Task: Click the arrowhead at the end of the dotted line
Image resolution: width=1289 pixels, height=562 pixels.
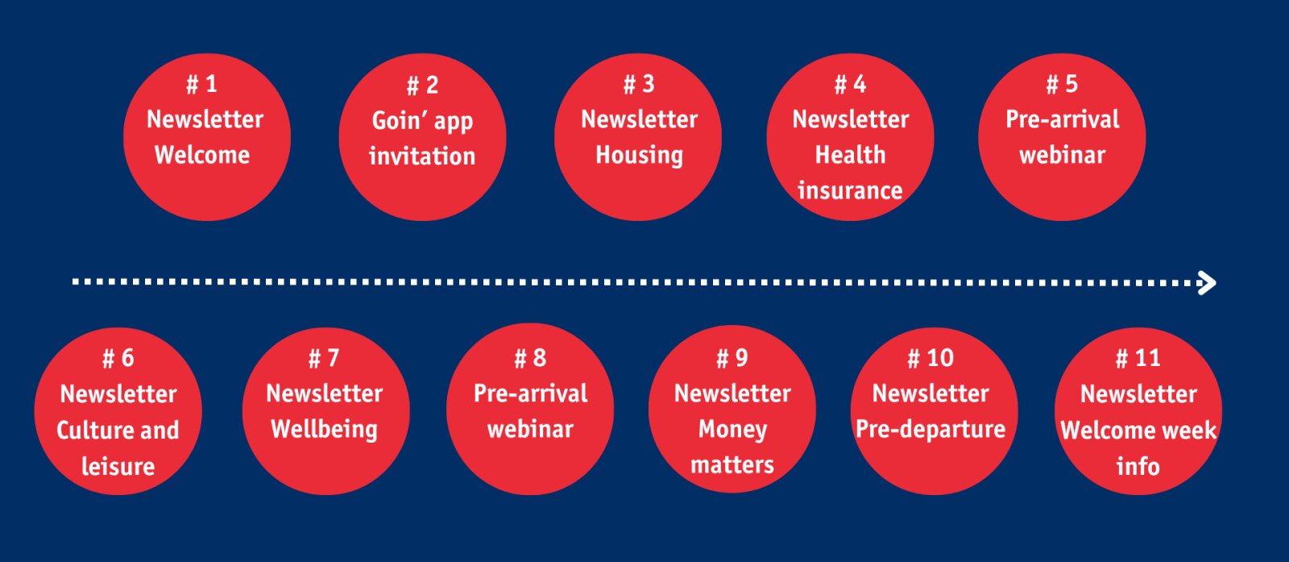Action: [1208, 283]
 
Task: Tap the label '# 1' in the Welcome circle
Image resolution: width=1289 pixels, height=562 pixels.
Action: [201, 84]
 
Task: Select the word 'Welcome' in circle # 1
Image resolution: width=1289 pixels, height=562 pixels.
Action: [202, 155]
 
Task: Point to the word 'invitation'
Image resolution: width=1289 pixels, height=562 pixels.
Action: [422, 156]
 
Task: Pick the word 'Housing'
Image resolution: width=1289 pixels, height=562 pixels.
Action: [640, 156]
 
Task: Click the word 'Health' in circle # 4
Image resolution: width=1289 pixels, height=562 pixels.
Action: [851, 155]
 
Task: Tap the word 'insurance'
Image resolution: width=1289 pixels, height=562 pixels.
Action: [850, 190]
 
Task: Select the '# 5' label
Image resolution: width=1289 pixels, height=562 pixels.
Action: [1062, 84]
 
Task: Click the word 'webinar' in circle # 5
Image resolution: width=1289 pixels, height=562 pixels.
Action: [1063, 155]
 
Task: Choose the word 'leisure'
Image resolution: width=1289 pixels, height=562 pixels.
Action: [118, 466]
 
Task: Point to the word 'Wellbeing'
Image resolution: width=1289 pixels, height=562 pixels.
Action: [325, 430]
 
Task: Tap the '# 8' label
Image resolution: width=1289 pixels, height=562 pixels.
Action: [530, 358]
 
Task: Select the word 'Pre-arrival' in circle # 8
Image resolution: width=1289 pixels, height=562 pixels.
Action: [531, 393]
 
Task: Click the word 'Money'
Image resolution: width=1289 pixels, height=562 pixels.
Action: [732, 430]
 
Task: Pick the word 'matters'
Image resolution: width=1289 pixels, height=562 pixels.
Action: [732, 464]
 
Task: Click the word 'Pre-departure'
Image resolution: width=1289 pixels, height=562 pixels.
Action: [930, 429]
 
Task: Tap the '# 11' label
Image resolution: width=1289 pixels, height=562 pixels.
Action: [1138, 358]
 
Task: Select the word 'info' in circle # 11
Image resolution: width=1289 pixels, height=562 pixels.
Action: [1138, 466]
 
